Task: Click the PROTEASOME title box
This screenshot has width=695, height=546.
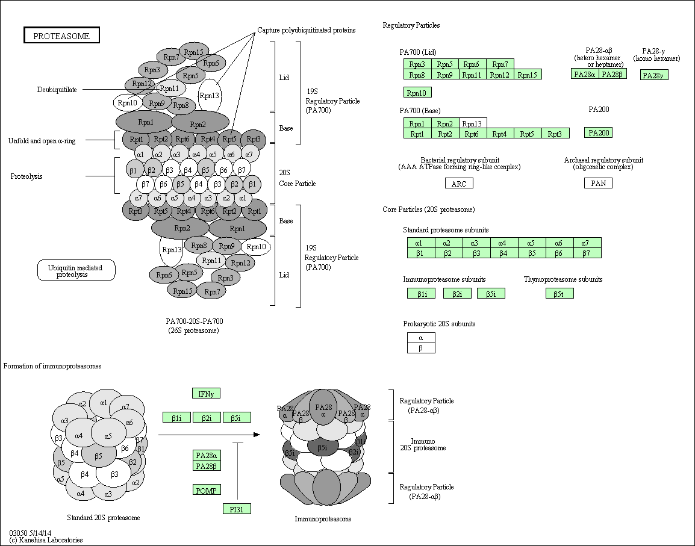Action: point(61,36)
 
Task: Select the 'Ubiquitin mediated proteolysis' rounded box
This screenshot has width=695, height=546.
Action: point(76,271)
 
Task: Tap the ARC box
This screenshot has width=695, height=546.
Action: point(459,184)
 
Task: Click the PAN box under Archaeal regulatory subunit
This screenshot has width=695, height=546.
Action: point(598,183)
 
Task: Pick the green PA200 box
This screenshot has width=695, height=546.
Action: point(598,132)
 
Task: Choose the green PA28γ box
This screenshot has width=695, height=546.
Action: point(655,75)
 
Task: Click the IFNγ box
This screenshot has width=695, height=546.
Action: point(206,394)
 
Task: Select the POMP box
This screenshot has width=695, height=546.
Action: point(206,490)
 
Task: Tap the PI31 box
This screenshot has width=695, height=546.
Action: point(236,509)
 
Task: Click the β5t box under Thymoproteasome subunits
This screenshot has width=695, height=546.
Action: point(559,294)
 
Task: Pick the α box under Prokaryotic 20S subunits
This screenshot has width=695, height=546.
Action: point(421,338)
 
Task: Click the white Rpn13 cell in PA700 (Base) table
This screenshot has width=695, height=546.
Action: point(473,123)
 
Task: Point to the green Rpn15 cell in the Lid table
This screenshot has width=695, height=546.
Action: point(528,75)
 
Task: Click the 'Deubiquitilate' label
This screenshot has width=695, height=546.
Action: point(57,90)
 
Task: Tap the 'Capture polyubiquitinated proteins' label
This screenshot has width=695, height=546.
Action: point(306,30)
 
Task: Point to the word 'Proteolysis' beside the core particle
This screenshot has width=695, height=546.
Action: point(26,176)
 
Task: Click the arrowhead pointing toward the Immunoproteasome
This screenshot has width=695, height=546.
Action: point(257,434)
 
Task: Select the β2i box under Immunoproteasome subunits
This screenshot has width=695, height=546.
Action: point(457,294)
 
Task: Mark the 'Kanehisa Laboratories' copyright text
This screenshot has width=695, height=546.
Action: point(46,540)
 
